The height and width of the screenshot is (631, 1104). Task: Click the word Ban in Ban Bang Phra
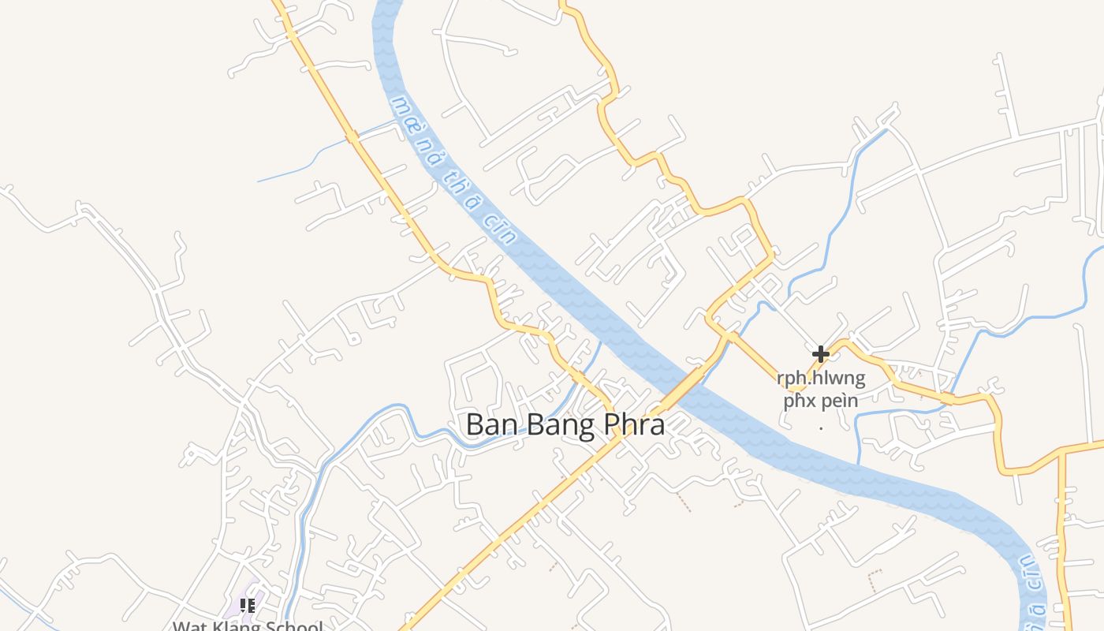tap(490, 424)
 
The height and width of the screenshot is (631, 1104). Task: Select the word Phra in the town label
tap(634, 424)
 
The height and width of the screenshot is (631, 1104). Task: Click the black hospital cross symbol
tap(821, 353)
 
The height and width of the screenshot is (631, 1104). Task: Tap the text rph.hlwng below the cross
tap(821, 379)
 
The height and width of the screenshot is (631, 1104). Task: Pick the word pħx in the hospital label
tap(800, 401)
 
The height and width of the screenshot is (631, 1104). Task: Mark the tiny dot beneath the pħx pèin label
tap(821, 428)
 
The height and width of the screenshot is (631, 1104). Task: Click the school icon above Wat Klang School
tap(248, 606)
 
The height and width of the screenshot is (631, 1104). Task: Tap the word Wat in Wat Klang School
tap(190, 626)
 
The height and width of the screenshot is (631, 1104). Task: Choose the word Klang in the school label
tap(239, 626)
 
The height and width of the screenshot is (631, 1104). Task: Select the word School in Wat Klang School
tap(295, 626)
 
